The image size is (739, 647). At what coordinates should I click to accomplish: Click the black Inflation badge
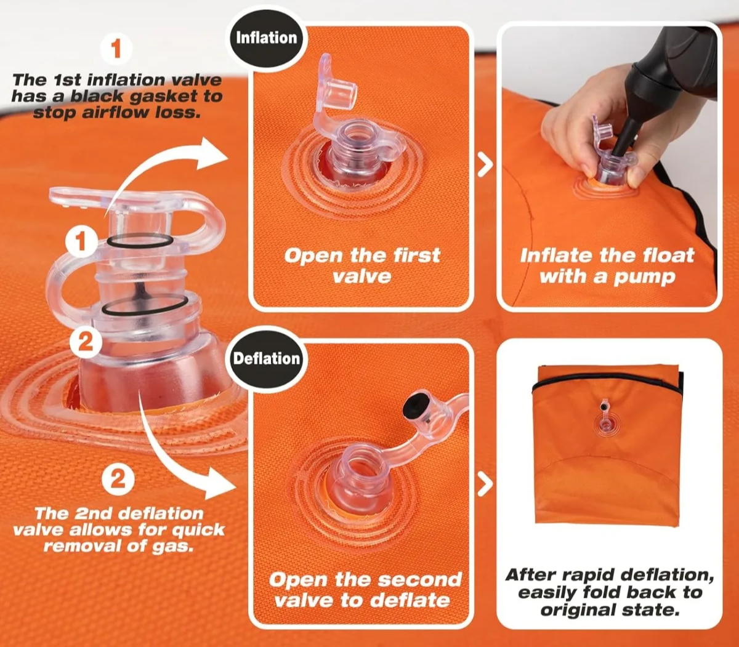(x=267, y=38)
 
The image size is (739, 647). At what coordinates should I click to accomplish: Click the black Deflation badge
(x=267, y=358)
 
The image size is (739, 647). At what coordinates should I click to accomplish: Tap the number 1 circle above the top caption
(x=116, y=49)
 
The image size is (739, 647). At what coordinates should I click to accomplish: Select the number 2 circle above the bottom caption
(x=118, y=479)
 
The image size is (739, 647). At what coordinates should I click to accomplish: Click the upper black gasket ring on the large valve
(x=138, y=241)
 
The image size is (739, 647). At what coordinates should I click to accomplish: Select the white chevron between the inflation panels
(x=485, y=164)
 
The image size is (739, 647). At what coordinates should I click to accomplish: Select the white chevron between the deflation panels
(x=485, y=484)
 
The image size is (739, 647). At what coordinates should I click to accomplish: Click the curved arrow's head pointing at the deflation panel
(x=219, y=483)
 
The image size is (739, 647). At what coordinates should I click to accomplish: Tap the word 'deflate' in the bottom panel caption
(x=410, y=600)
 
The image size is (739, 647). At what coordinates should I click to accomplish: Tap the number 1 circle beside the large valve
(x=81, y=241)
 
